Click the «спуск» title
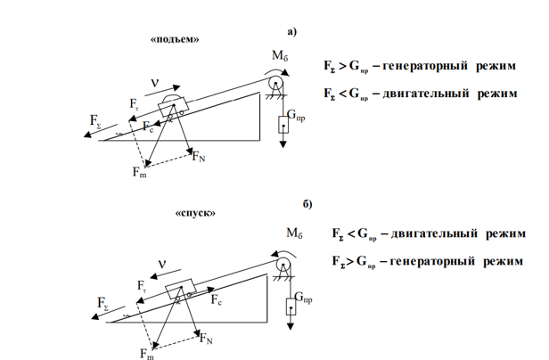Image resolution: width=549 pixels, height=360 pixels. (196, 214)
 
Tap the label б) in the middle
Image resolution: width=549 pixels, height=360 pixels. (307, 204)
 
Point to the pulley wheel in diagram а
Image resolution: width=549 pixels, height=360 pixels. (275, 84)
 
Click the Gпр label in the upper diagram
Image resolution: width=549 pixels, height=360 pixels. (298, 116)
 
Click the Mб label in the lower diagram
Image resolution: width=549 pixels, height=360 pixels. (295, 233)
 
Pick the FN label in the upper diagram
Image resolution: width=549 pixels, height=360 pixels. (199, 158)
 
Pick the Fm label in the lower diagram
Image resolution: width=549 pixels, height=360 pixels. (146, 352)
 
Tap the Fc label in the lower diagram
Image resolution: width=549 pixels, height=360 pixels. (217, 301)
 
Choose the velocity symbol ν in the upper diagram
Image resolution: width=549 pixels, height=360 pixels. (154, 82)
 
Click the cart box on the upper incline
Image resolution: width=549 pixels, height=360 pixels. (169, 108)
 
